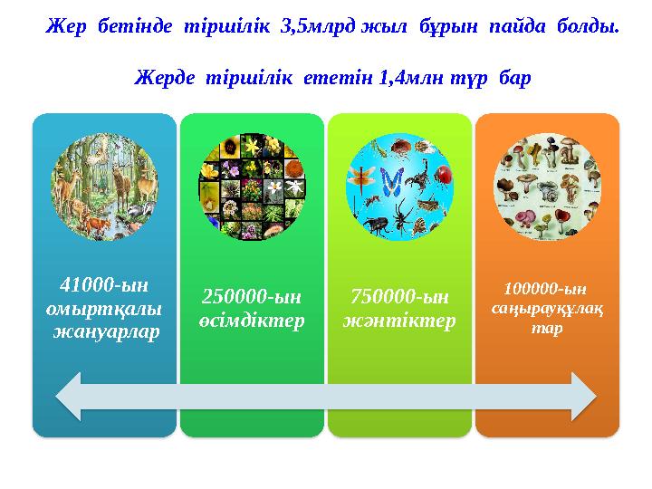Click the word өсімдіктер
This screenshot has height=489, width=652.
pyautogui.click(x=252, y=321)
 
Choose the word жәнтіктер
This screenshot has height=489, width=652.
pyautogui.click(x=399, y=321)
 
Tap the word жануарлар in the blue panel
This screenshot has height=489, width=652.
pyautogui.click(x=104, y=331)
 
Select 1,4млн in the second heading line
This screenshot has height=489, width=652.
pyautogui.click(x=391, y=80)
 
